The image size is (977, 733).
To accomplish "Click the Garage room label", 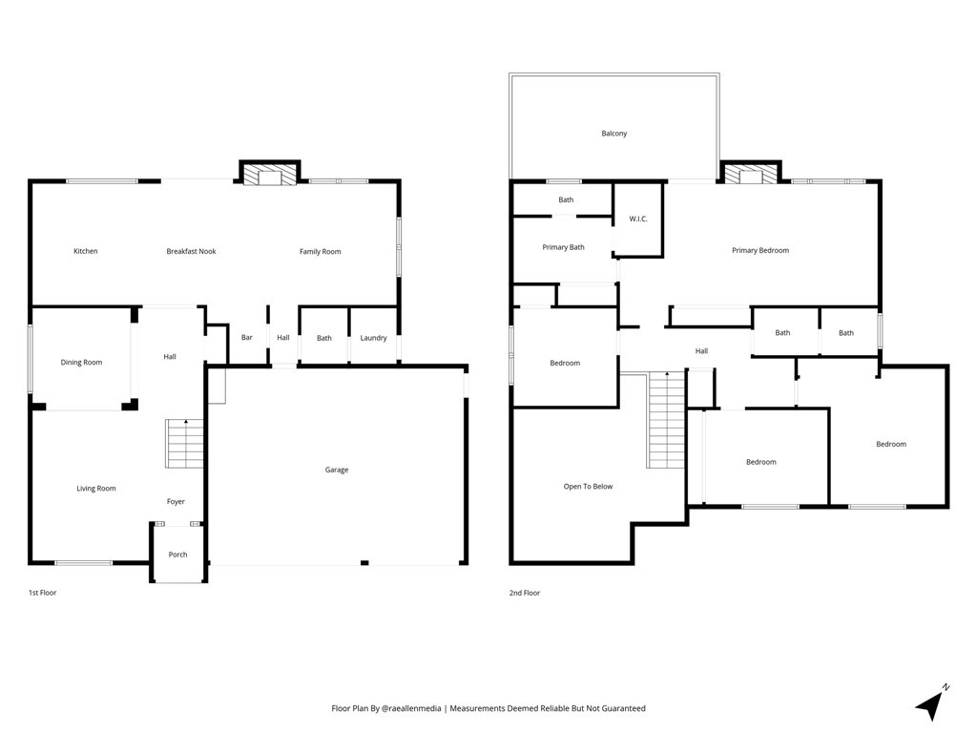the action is (x=337, y=470).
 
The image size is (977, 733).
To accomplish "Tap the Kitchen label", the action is (x=85, y=251).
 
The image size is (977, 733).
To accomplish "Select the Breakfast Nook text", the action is (x=191, y=251).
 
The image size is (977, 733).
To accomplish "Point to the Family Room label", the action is (x=321, y=252).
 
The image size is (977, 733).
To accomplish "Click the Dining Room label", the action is (x=81, y=362).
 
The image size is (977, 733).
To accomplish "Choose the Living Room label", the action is (x=96, y=489).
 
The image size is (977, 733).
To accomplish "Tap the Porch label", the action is (x=177, y=555).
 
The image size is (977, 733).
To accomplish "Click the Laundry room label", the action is (x=373, y=338).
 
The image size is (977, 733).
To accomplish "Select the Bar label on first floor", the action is (x=247, y=337).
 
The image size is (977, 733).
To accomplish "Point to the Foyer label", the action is (x=176, y=501).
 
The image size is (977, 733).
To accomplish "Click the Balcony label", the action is (x=614, y=134).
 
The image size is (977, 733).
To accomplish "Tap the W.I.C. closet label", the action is (x=638, y=219).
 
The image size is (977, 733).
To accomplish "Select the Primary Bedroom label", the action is (x=760, y=251).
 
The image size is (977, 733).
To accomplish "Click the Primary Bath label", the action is (x=563, y=247).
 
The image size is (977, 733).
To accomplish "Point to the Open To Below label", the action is (x=588, y=486).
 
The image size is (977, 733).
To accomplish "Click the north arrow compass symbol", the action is (x=931, y=703).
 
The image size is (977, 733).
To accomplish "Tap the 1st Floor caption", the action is (x=42, y=593).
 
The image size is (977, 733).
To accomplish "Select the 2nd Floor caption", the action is (x=525, y=593).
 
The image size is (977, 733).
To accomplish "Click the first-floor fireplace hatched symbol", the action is (x=270, y=175).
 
